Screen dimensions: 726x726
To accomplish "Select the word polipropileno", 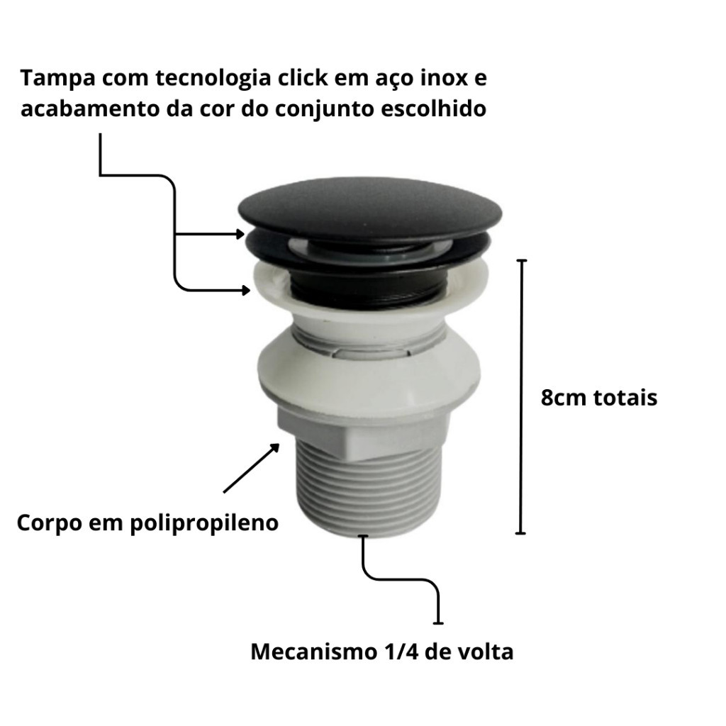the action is (204, 524).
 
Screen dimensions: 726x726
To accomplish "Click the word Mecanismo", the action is (314, 652).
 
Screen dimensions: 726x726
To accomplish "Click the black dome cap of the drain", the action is (370, 206).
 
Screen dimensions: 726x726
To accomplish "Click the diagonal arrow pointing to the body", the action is (252, 468).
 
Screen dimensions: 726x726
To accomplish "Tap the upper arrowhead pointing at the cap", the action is (240, 234).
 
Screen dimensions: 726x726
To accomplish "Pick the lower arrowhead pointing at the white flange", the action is (246, 290).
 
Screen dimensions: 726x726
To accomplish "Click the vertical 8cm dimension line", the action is (521, 397).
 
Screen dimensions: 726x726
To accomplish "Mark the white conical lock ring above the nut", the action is (368, 370).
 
